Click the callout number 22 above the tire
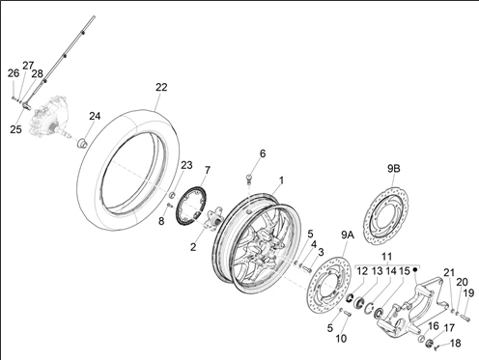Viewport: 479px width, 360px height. (161, 87)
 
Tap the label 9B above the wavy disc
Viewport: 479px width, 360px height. (393, 169)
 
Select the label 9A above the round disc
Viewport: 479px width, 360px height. (348, 235)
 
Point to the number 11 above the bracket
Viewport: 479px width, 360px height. (387, 257)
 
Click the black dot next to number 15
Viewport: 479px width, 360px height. (415, 269)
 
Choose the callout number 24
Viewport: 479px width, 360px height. (95, 116)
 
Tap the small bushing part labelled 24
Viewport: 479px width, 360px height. (83, 143)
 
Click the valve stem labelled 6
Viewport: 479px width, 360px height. (249, 178)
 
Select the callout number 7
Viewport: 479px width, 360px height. (207, 170)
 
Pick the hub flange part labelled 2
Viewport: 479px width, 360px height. (214, 220)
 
